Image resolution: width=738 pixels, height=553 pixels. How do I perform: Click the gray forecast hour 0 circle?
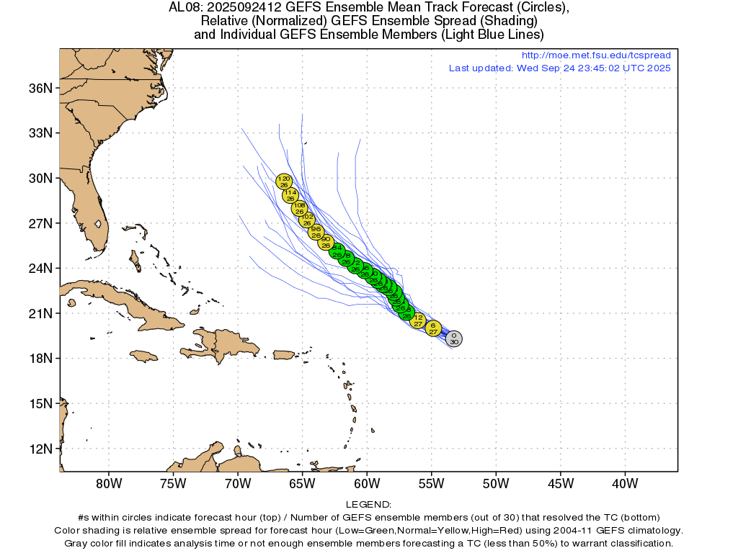tap(453, 338)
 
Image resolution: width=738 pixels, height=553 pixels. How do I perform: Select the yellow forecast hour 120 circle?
tap(284, 181)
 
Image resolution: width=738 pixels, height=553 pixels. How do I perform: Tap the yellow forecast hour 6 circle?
tap(433, 328)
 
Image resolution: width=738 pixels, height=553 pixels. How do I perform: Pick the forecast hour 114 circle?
tap(290, 195)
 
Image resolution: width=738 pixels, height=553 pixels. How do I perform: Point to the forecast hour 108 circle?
tap(299, 208)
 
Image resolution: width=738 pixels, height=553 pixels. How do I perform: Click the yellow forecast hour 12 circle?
tap(418, 320)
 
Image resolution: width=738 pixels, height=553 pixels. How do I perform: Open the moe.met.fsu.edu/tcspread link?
tap(595, 55)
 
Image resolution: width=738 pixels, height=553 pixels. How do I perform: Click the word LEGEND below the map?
tap(368, 505)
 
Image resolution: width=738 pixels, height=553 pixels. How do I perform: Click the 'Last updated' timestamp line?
tap(559, 68)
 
